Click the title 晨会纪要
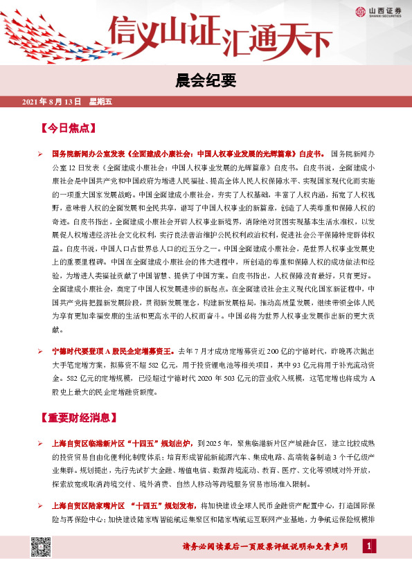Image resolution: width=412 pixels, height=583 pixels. [x=206, y=80]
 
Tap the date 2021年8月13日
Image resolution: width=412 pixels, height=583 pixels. [x=53, y=102]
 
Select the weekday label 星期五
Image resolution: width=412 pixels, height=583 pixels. [x=100, y=102]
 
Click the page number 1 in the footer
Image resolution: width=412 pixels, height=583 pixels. [x=369, y=547]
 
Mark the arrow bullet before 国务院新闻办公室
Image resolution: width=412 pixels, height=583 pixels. [x=40, y=152]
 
